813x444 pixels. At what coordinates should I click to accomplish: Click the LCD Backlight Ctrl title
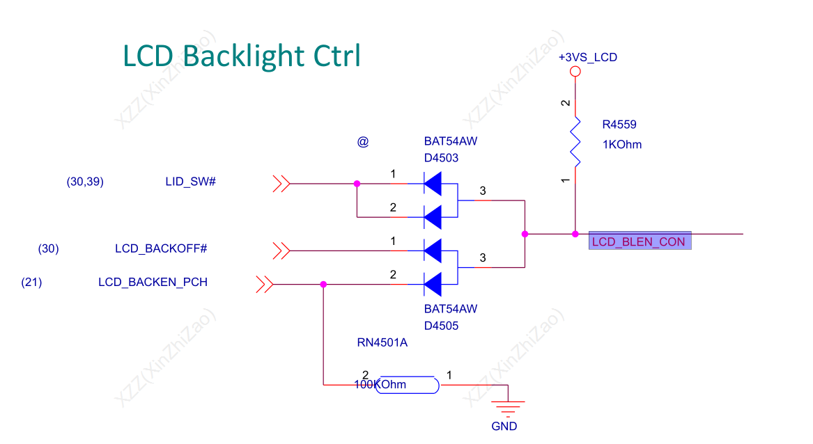pyautogui.click(x=242, y=56)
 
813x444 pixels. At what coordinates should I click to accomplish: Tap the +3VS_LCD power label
pyautogui.click(x=587, y=57)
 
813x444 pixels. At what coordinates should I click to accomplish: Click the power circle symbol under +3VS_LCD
pyautogui.click(x=575, y=72)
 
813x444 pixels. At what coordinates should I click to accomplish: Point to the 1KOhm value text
pyautogui.click(x=622, y=145)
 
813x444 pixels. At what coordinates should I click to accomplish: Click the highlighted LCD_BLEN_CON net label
pyautogui.click(x=640, y=241)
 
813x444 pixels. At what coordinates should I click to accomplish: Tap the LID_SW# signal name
pyautogui.click(x=190, y=182)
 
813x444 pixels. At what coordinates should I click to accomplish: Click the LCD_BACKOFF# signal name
pyautogui.click(x=161, y=248)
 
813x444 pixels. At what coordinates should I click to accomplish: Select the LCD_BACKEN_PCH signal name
pyautogui.click(x=153, y=282)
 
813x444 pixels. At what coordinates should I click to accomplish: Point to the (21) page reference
pyautogui.click(x=31, y=282)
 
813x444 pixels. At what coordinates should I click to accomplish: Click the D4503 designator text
pyautogui.click(x=441, y=158)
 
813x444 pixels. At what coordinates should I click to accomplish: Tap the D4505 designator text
pyautogui.click(x=441, y=326)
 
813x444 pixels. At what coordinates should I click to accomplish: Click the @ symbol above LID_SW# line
pyautogui.click(x=362, y=142)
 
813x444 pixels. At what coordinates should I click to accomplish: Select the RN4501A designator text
pyautogui.click(x=382, y=342)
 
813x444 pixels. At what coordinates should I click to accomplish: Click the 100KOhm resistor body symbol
pyautogui.click(x=407, y=385)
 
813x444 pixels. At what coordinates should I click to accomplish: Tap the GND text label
pyautogui.click(x=504, y=426)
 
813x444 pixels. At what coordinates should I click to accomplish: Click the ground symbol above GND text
pyautogui.click(x=508, y=405)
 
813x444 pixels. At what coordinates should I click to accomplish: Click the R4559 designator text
pyautogui.click(x=619, y=125)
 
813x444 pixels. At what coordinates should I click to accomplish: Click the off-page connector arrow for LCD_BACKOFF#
pyautogui.click(x=281, y=251)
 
